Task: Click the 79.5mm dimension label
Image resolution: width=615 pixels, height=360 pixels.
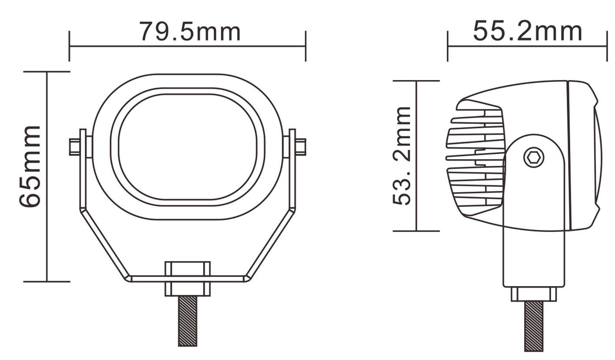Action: click(189, 32)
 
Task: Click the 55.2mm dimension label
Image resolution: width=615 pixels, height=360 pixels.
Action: click(527, 32)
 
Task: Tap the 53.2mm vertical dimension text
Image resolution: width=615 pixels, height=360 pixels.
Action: click(402, 155)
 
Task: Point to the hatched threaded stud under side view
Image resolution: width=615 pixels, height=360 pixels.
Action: click(533, 326)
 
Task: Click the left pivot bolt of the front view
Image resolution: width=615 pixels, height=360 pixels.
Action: click(75, 147)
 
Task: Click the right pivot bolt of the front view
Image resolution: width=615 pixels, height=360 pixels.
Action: click(300, 147)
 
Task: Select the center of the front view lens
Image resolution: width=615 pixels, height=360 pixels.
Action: click(188, 146)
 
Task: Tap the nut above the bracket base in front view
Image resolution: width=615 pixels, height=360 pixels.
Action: click(188, 268)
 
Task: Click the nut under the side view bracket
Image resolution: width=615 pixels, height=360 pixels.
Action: click(533, 294)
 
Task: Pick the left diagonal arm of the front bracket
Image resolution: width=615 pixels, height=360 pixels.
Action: click(104, 243)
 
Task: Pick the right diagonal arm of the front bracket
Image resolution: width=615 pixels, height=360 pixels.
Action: click(271, 243)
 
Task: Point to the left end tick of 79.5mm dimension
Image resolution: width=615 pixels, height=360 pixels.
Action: click(70, 46)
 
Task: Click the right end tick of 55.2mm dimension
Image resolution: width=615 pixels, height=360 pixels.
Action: click(607, 46)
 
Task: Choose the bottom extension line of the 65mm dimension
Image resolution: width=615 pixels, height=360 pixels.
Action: click(47, 282)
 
